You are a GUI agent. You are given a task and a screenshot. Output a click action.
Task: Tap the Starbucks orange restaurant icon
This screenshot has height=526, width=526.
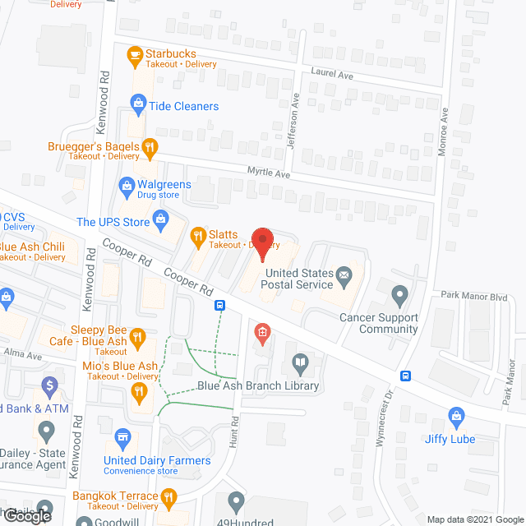pyautogui.click(x=135, y=56)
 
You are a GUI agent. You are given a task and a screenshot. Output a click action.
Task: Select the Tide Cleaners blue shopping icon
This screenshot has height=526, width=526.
pyautogui.click(x=138, y=104)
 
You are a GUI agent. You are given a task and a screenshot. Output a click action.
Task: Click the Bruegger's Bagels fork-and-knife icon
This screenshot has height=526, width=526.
pyautogui.click(x=150, y=149)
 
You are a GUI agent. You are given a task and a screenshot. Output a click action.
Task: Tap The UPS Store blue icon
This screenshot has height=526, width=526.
pyautogui.click(x=160, y=220)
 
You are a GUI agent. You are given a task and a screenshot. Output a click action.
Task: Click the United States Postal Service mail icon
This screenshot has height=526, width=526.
pyautogui.click(x=344, y=275)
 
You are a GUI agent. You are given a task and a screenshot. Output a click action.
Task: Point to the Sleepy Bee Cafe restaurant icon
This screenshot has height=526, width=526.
pyautogui.click(x=138, y=337)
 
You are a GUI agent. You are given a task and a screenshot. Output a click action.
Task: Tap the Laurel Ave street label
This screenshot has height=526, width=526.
pyautogui.click(x=330, y=73)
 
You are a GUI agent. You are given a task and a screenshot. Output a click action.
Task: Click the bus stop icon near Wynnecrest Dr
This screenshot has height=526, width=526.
pyautogui.click(x=406, y=376)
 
